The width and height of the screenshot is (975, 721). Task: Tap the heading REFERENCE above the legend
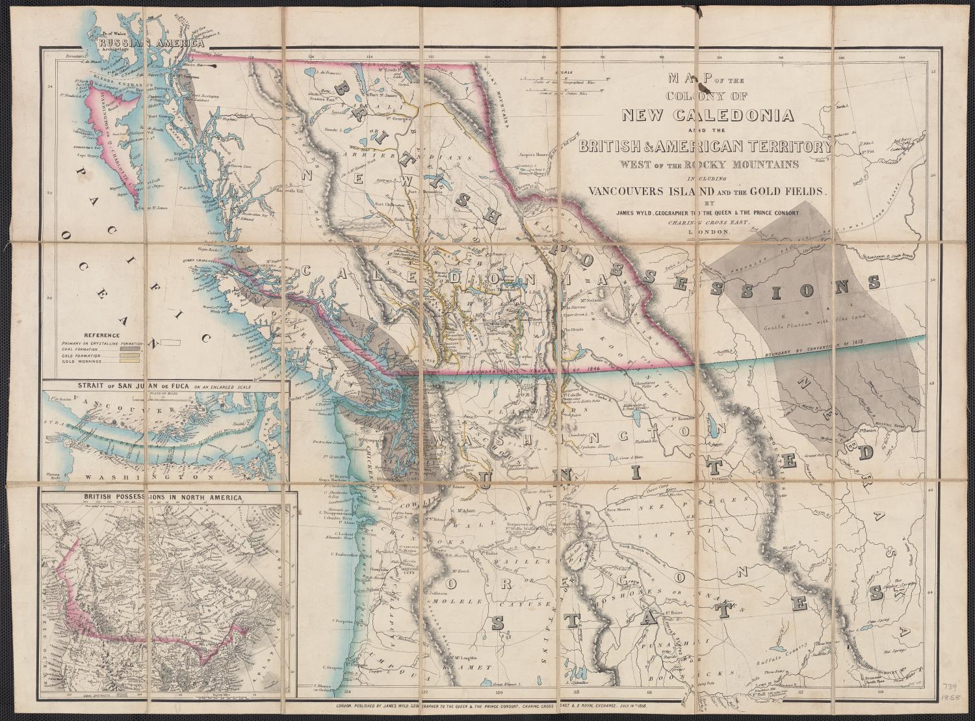point(86,333)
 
